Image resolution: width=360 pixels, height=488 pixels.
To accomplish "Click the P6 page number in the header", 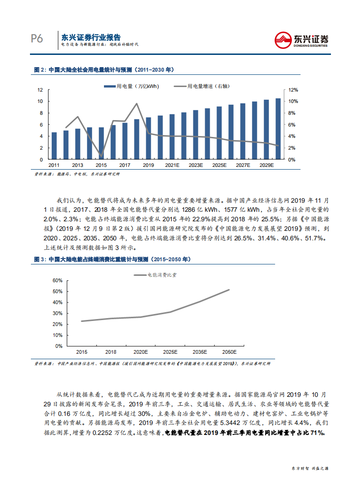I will (37, 39).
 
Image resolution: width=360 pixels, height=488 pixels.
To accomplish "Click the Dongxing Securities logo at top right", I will (302, 39).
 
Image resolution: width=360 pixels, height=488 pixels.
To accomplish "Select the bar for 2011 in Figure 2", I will (54, 146).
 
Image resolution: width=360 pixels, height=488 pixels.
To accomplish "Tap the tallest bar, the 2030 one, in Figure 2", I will (277, 129).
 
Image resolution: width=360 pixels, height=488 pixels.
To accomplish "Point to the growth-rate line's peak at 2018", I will (137, 103).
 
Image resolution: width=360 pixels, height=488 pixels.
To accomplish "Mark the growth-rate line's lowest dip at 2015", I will (101, 155).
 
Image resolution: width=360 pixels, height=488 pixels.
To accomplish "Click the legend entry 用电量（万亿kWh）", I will (131, 86).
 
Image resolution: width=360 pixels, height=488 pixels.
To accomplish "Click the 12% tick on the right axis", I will (293, 90).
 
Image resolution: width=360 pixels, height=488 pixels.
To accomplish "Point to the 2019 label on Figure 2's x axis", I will (148, 166).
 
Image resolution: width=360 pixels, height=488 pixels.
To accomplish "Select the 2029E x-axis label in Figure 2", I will (266, 166).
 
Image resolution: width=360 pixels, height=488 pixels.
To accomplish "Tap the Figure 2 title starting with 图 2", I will (104, 70).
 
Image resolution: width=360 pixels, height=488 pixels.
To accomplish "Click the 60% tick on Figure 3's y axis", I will (57, 281).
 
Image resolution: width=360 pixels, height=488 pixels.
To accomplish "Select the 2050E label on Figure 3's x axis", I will (229, 352).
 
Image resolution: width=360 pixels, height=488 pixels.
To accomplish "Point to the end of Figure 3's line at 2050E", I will (229, 289).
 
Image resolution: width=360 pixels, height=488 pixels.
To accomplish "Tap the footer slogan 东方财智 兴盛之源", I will (310, 468).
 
